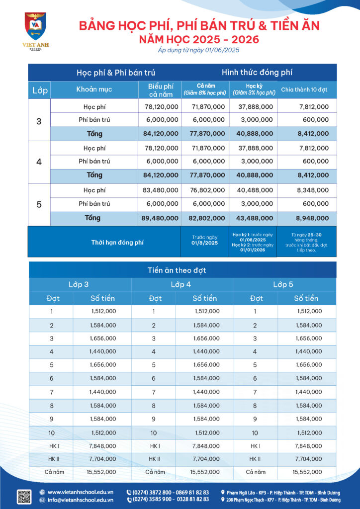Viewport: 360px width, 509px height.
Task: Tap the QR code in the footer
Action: pyautogui.click(x=24, y=496)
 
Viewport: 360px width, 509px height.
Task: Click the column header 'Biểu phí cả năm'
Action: pyautogui.click(x=160, y=89)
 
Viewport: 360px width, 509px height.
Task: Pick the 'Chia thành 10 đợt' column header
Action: pyautogui.click(x=305, y=89)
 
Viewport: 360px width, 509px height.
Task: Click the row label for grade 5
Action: pyautogui.click(x=39, y=204)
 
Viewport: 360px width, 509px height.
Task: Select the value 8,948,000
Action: pyautogui.click(x=312, y=218)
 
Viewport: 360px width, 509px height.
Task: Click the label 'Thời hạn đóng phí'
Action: pyautogui.click(x=117, y=242)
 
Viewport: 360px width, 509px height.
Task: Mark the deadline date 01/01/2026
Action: pyautogui.click(x=253, y=250)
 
